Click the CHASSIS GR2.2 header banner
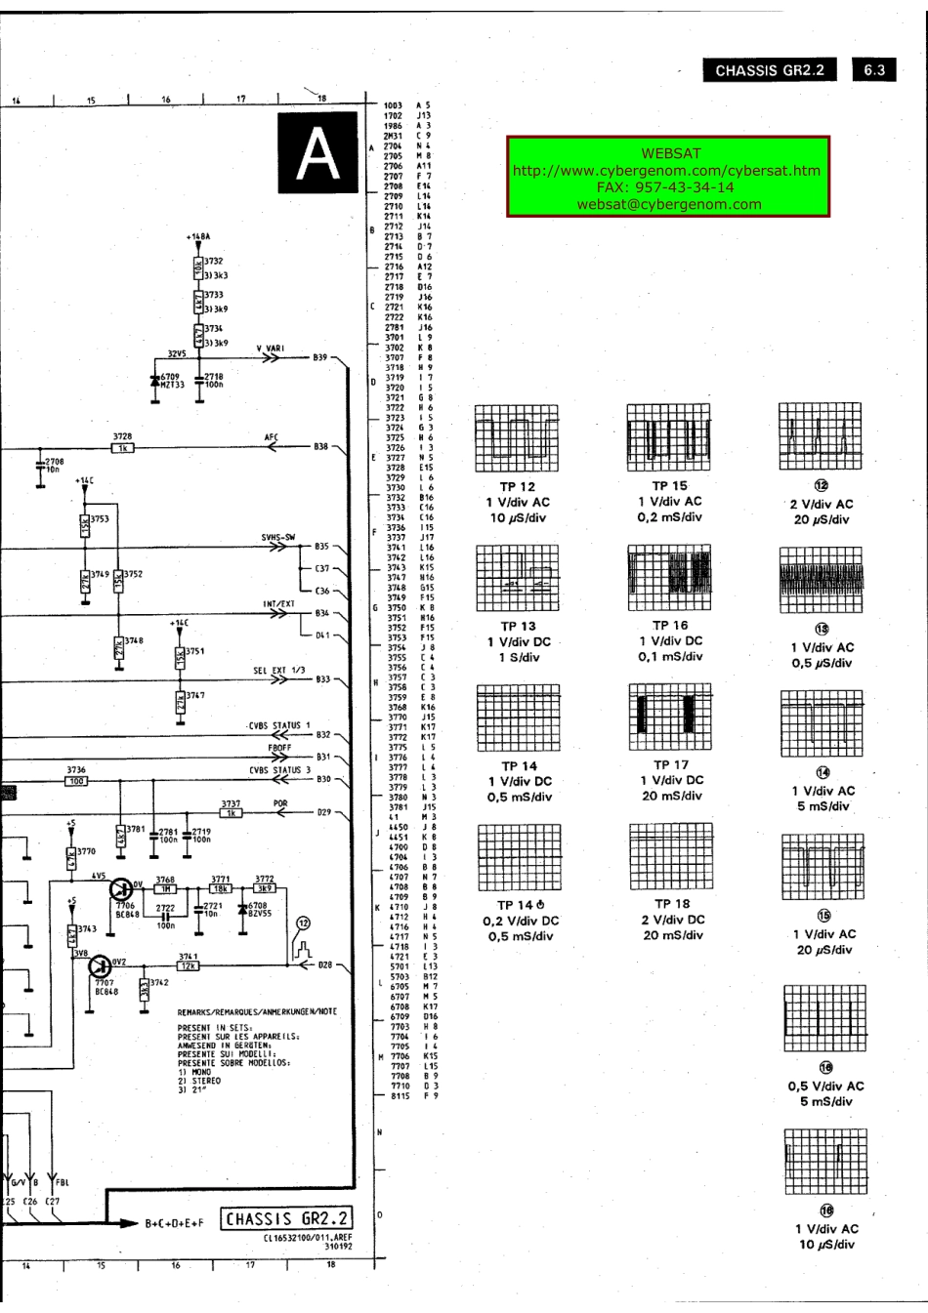coord(770,70)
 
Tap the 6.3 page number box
coord(874,70)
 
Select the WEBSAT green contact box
coord(668,178)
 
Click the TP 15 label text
coord(670,485)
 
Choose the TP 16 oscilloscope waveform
coord(670,576)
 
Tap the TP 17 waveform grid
coord(670,716)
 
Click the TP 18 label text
coord(672,904)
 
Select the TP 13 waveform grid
coord(518,576)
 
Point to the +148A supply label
coord(197,236)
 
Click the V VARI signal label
coord(271,349)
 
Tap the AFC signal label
coord(272,437)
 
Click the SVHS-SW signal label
coord(277,537)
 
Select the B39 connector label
coord(320,357)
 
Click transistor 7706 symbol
coord(122,890)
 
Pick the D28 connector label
coord(325,965)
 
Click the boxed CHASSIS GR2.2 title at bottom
coord(286,1219)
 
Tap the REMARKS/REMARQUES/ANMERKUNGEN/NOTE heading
coord(257,1011)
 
